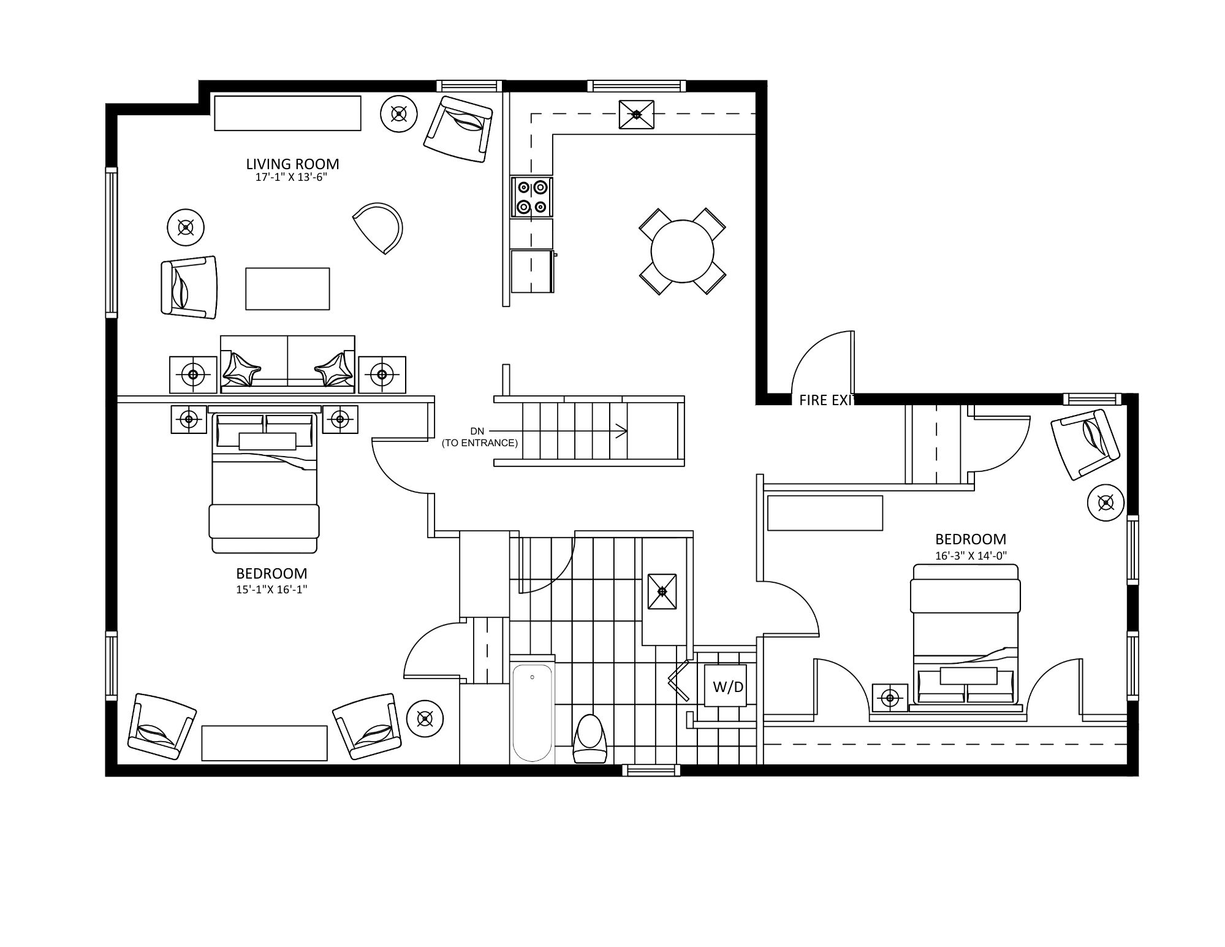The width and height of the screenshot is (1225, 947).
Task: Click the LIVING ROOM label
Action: pos(292,164)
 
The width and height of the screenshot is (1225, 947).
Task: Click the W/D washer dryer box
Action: pos(728,686)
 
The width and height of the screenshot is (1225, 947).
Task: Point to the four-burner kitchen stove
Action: pos(531,197)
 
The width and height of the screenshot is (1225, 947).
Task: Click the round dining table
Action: pos(682,251)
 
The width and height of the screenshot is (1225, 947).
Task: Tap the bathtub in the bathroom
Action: pos(532,713)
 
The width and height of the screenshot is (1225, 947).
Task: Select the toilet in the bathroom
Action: pos(589,740)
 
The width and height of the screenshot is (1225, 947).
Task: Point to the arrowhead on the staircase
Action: pos(623,432)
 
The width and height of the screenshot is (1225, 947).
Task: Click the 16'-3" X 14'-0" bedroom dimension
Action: pos(971,556)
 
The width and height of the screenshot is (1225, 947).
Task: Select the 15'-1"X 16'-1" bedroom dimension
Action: pos(271,590)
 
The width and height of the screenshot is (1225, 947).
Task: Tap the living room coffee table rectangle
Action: pos(287,289)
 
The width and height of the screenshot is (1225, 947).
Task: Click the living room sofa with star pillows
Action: pos(287,364)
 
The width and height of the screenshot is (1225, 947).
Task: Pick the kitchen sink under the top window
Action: pos(636,115)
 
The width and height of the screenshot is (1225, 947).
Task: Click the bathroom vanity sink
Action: pos(662,591)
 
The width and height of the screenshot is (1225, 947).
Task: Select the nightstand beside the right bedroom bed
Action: pos(889,698)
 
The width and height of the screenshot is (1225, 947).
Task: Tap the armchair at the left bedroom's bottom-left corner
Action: pos(162,726)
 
